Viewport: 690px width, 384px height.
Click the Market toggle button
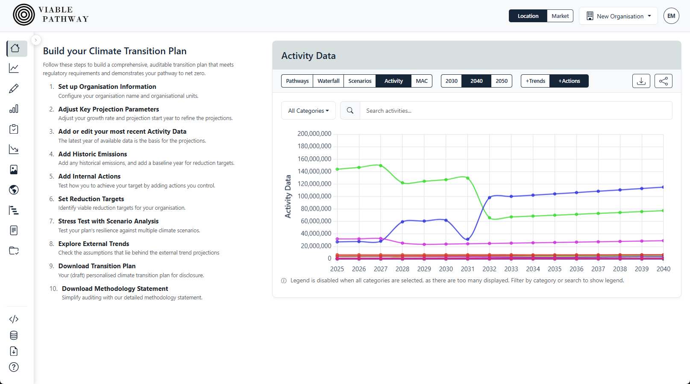560,16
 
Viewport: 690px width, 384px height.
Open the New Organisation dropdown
618,16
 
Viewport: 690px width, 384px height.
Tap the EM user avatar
671,16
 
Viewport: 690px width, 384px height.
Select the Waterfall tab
328,81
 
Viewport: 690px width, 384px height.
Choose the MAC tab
421,81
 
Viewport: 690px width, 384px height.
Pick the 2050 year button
501,81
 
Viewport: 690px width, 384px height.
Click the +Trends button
535,81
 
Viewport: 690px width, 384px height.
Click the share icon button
663,81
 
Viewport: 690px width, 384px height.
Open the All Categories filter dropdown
308,111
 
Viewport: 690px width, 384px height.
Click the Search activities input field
515,111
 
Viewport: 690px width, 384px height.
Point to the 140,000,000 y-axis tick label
314,171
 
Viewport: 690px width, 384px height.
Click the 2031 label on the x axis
467,269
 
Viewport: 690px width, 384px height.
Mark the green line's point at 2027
381,166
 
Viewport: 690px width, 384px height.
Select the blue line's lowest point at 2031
468,239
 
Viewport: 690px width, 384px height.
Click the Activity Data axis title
288,196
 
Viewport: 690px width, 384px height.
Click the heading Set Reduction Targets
91,199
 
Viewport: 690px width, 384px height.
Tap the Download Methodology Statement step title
115,289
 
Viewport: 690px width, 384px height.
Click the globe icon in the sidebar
14,190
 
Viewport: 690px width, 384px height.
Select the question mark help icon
14,367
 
